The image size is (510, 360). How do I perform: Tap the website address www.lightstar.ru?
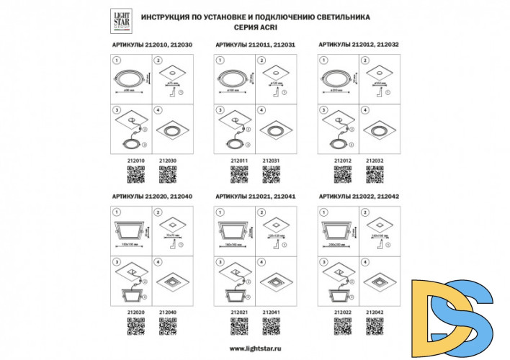pos(256,348)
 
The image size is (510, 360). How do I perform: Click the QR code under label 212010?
pos(136,175)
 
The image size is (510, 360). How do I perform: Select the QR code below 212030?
pos(168,175)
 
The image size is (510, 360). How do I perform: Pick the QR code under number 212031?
pos(271,175)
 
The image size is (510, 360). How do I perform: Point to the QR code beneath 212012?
pos(343,175)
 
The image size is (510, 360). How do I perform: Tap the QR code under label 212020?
pos(136,326)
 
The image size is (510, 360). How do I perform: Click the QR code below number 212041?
pos(271,326)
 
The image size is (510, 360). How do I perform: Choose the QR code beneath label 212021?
pos(239,326)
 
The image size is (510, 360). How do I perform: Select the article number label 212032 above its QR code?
pos(375,161)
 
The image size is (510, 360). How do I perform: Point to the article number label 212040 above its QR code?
pos(168,312)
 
